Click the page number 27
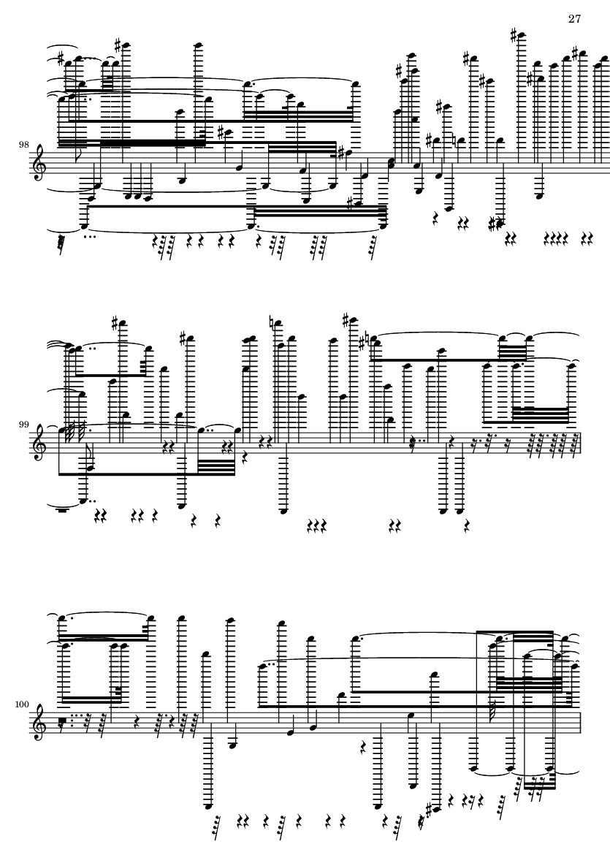coord(574,19)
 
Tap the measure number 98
coord(23,145)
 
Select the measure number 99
coord(23,425)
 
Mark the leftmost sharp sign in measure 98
coord(61,58)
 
